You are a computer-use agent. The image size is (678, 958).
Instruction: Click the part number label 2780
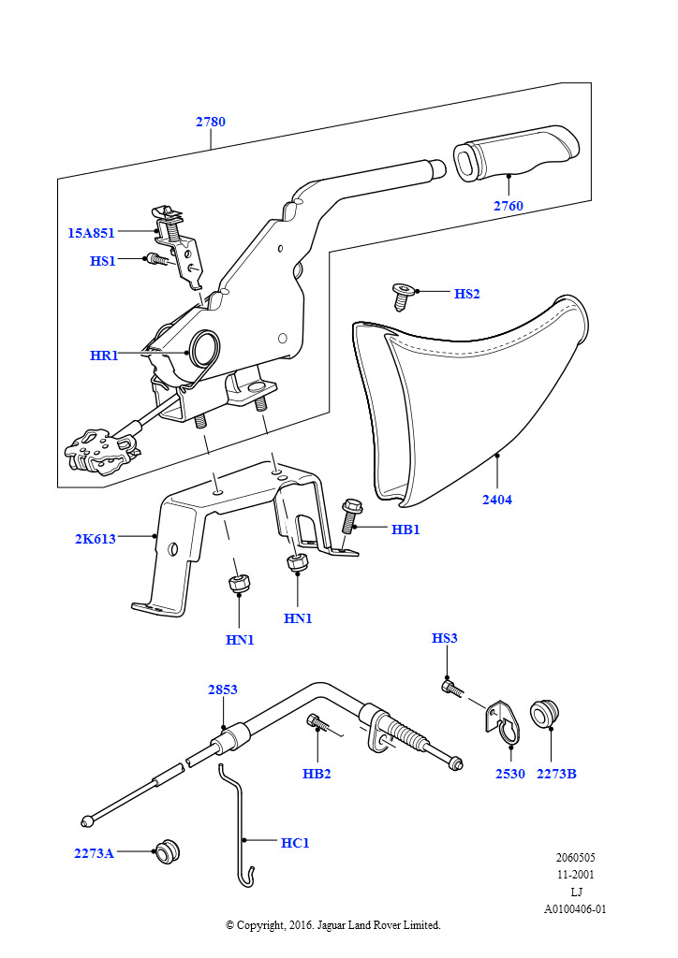pyautogui.click(x=211, y=122)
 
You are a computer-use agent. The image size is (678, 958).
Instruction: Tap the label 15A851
pyautogui.click(x=91, y=233)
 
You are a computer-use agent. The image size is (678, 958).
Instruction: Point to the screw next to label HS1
pyautogui.click(x=156, y=260)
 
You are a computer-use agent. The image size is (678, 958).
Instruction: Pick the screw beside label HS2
pyautogui.click(x=402, y=297)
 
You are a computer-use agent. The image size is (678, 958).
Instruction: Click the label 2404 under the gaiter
pyautogui.click(x=497, y=500)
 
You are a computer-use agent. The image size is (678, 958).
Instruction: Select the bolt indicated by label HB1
pyautogui.click(x=349, y=516)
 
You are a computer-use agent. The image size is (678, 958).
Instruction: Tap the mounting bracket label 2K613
pyautogui.click(x=96, y=539)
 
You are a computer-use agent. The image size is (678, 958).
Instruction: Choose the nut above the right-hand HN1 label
pyautogui.click(x=297, y=562)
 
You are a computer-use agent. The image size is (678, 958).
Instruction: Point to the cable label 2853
pyautogui.click(x=223, y=689)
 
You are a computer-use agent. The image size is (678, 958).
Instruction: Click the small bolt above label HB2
pyautogui.click(x=317, y=722)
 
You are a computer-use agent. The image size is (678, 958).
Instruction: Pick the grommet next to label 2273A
pyautogui.click(x=167, y=851)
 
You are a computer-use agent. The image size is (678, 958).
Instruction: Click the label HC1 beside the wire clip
pyautogui.click(x=295, y=843)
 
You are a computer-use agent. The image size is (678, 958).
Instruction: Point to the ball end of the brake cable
pyautogui.click(x=88, y=820)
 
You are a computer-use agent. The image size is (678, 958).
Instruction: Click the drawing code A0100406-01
pyautogui.click(x=575, y=909)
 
